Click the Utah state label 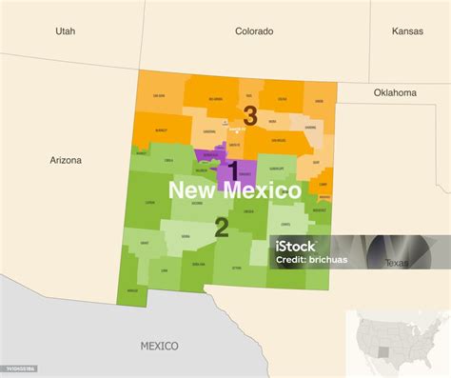click(65, 31)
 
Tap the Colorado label click(254, 31)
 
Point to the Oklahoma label click(394, 93)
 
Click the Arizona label click(66, 160)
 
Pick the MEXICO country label click(160, 345)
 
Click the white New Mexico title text click(234, 190)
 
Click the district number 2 click(221, 228)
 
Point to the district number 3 click(250, 116)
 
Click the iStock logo click(295, 247)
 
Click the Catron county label click(149, 202)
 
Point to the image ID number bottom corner click(19, 368)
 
